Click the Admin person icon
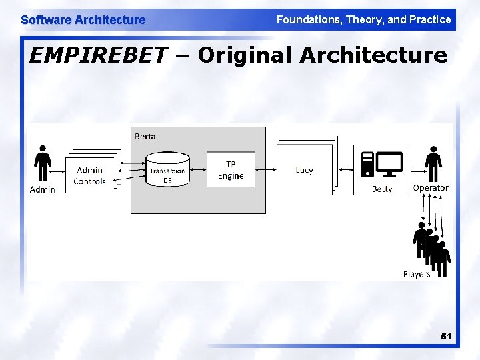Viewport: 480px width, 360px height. coord(43,163)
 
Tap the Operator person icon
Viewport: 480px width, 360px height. coord(433,163)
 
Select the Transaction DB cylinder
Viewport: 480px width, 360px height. coord(167,170)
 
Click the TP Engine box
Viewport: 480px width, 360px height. coord(231,170)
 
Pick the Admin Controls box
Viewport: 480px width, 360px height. coord(91,175)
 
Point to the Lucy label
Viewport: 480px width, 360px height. coord(304,171)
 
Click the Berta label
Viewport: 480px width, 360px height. coord(145,136)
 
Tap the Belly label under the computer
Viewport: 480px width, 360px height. coord(382,189)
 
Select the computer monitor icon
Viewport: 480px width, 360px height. coord(389,163)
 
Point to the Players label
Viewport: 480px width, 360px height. coord(417,274)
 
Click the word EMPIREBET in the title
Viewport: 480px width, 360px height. coord(99,55)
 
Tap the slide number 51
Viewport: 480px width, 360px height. coord(445,337)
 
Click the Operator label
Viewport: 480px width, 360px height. coord(431,188)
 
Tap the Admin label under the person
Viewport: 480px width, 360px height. coord(43,190)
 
